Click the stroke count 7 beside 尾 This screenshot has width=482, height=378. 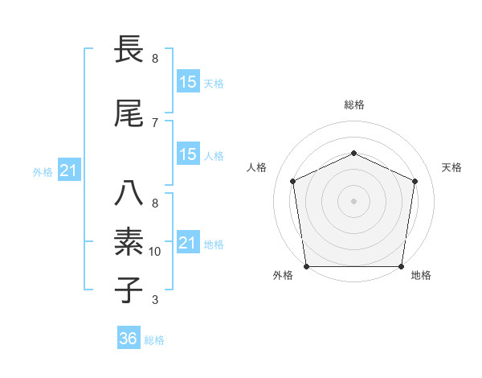[155, 123]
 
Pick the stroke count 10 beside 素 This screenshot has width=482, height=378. [155, 252]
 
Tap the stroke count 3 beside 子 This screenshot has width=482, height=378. [155, 300]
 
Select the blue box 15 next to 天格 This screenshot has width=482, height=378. [188, 82]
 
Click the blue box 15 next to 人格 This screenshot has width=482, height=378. [188, 154]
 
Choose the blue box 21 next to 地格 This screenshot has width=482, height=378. [188, 243]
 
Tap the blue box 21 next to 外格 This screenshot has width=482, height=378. [69, 171]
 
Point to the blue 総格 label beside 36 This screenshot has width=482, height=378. [154, 340]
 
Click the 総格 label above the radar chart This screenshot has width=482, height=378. [353, 105]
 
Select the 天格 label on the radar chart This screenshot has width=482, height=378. [451, 167]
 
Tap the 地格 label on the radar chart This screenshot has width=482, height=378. [421, 275]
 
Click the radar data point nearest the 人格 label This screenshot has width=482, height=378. [293, 181]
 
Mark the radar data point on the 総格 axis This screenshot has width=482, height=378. [353, 153]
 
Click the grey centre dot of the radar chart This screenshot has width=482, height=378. [353, 200]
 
